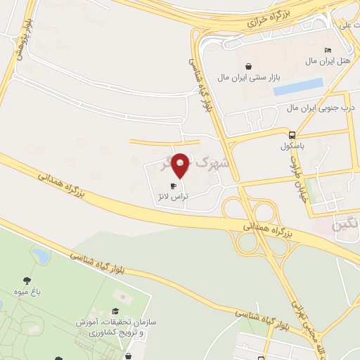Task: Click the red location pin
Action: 181,166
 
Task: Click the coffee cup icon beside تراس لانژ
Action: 174,186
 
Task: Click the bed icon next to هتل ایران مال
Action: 328,50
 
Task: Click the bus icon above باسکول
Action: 292,135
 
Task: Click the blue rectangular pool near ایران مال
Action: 298,87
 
